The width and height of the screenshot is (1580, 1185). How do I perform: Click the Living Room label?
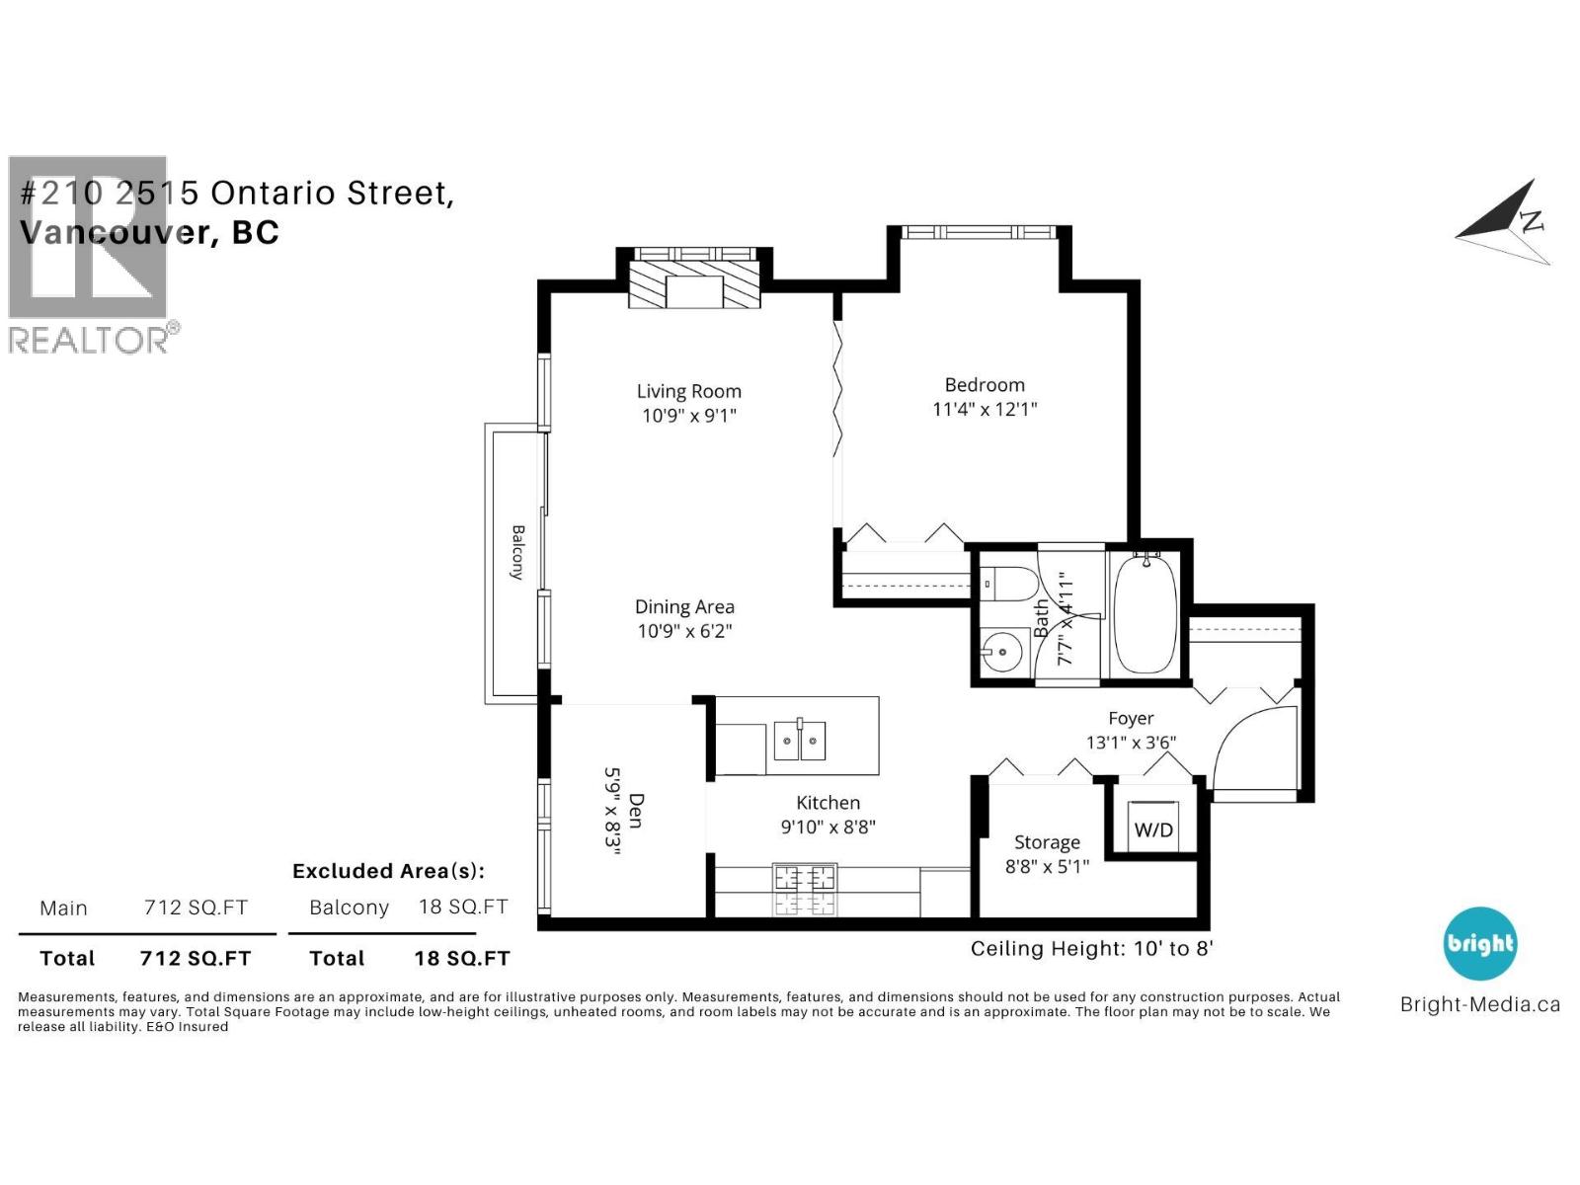[688, 391]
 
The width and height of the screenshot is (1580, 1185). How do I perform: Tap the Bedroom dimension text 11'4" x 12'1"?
[984, 410]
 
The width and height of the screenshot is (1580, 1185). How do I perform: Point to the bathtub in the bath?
[1145, 614]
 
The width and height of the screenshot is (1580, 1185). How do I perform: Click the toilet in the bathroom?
[1008, 584]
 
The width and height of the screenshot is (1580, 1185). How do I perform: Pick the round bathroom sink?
[1002, 652]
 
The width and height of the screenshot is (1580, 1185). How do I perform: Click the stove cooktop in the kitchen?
[805, 890]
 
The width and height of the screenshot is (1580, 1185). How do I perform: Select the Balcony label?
[517, 552]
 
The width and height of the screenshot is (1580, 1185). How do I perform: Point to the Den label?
[636, 811]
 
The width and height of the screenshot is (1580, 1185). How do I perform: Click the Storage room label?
[1047, 841]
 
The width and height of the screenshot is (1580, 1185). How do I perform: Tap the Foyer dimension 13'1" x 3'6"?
[1131, 743]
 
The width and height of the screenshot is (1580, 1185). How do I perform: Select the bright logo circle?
[1480, 943]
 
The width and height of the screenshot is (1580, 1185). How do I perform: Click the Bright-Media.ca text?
[1480, 1004]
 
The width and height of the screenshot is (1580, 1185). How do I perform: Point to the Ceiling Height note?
[1091, 949]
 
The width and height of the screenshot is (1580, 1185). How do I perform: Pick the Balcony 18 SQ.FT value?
[463, 907]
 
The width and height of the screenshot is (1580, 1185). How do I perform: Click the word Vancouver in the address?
[115, 232]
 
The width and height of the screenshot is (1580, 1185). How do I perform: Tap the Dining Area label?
[683, 607]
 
